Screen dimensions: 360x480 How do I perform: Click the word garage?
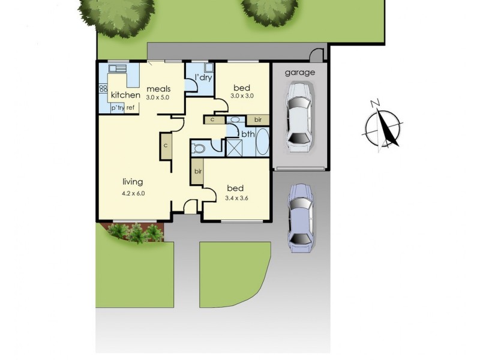(299, 73)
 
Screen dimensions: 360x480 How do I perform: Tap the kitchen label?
(125, 95)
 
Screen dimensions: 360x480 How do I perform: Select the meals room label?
(158, 89)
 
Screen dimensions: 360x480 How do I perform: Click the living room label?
(133, 182)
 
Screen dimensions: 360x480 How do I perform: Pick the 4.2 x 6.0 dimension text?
(133, 193)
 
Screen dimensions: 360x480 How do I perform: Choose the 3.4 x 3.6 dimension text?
(236, 198)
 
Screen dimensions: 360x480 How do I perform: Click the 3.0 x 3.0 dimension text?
(242, 95)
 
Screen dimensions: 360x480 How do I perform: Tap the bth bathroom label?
(248, 133)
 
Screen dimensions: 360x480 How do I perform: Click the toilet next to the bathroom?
(198, 147)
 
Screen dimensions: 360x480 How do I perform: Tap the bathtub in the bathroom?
(263, 143)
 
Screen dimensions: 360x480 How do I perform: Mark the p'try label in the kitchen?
(117, 108)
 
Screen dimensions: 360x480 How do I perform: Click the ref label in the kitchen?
(130, 108)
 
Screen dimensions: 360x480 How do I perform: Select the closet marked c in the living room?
(165, 145)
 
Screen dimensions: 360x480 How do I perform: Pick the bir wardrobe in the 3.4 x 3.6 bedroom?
(197, 172)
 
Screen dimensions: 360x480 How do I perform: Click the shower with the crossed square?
(233, 147)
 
